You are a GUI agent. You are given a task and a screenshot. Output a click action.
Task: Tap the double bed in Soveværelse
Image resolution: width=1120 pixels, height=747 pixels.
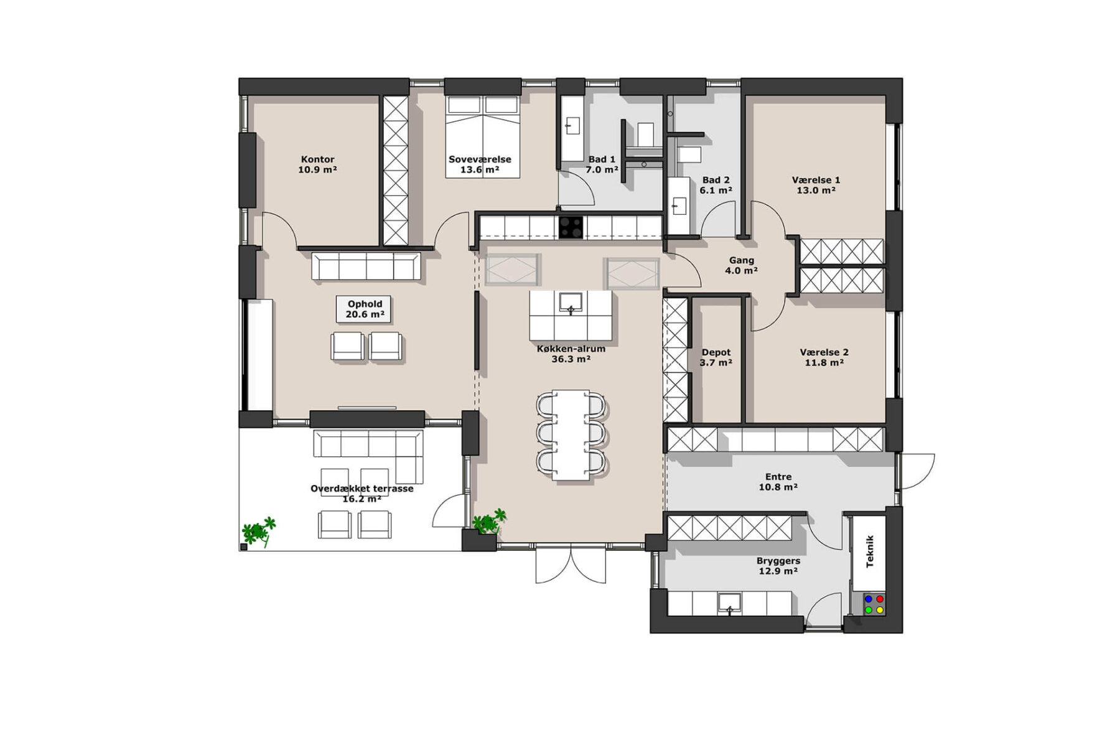[483, 137]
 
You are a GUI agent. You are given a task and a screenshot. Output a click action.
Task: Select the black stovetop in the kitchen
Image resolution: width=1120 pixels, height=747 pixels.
[571, 227]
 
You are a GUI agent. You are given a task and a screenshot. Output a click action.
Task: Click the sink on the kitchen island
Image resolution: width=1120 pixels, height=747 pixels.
[571, 303]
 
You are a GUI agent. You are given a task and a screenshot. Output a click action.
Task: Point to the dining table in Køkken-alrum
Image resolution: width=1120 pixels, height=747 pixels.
[571, 435]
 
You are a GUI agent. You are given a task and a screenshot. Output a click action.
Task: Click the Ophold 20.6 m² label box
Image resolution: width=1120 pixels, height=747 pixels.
[365, 309]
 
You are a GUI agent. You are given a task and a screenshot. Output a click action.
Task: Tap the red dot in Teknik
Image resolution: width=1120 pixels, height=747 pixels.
[880, 599]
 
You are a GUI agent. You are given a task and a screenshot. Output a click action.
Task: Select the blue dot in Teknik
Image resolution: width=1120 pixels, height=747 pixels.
[869, 599]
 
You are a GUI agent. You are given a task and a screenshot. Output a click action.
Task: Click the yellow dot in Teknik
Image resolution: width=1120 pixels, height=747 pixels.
[880, 610]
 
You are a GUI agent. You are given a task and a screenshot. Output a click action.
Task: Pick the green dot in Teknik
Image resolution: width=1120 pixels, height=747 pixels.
[869, 610]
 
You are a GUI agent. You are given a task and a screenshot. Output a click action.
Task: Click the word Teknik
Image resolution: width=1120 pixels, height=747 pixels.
[870, 551]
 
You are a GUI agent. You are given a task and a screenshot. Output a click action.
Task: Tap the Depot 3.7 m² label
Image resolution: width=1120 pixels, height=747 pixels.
[716, 357]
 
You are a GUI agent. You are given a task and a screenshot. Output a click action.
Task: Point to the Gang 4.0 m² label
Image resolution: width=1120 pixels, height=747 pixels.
[741, 265]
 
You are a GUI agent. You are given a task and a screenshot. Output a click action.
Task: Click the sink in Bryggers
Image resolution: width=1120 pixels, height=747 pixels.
[729, 603]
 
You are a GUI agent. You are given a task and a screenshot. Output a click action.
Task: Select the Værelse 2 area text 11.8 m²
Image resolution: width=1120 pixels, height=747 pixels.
[824, 362]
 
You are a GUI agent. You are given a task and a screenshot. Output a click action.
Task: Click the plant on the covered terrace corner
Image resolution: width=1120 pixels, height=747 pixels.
[258, 532]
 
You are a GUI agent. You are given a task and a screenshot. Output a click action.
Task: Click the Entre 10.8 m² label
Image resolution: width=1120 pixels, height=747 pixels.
[778, 482]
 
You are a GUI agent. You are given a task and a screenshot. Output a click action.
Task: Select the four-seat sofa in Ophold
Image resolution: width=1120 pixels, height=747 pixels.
[366, 266]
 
